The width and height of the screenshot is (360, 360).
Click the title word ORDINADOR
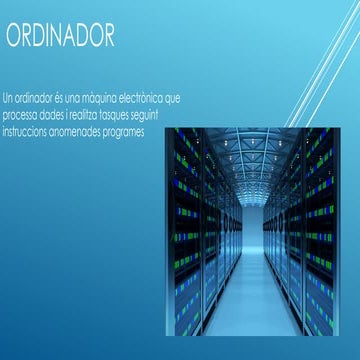tap(60, 38)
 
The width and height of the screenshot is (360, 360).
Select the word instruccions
tap(29, 131)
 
